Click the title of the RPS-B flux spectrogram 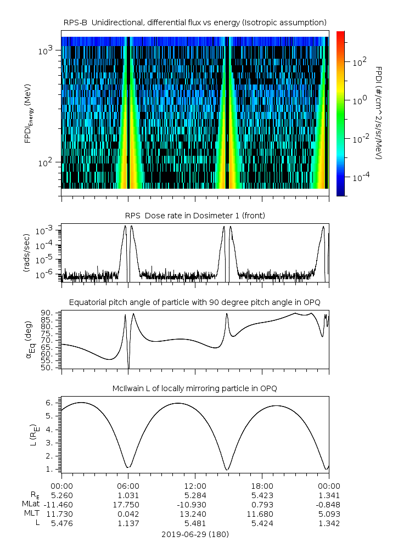tap(195, 22)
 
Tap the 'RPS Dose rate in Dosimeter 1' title tap(195, 216)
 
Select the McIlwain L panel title tap(195, 388)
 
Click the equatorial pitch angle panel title tap(195, 302)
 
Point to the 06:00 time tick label tap(128, 485)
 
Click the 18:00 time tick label tap(262, 485)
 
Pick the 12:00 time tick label tap(195, 485)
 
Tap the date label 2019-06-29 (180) tap(195, 534)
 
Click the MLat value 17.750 tap(128, 504)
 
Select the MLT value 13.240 tap(195, 513)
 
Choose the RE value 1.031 tap(128, 495)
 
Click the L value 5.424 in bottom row tap(262, 523)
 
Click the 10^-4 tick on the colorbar tap(359, 177)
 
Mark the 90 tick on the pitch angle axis tap(47, 313)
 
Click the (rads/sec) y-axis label tap(27, 253)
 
